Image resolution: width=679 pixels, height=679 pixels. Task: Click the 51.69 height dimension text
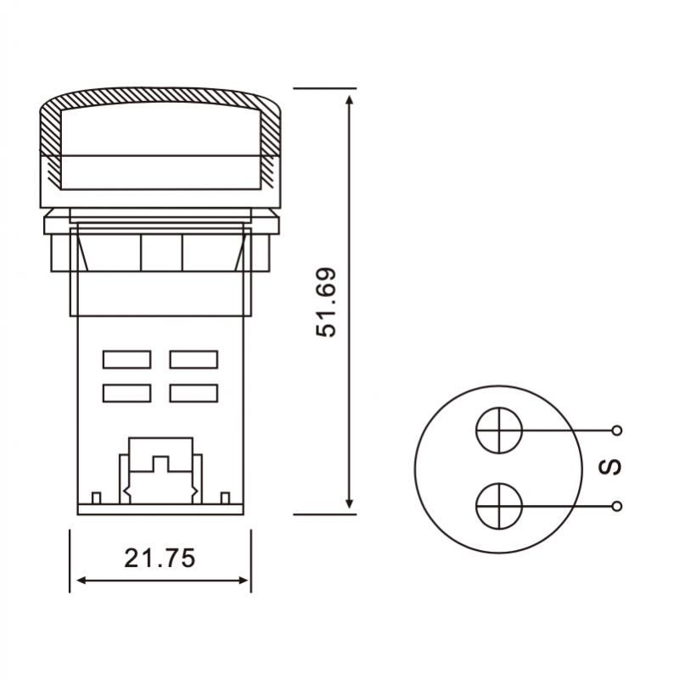pos(326,302)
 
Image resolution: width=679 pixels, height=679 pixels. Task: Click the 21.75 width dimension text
pos(160,558)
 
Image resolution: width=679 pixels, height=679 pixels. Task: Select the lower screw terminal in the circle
pos(498,506)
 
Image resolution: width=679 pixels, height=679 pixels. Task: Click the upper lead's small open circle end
pos(617,430)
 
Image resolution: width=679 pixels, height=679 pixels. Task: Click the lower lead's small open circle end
pos(617,506)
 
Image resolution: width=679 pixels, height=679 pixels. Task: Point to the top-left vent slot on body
pos(126,360)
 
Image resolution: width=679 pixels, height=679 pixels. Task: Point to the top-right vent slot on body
pos(194,360)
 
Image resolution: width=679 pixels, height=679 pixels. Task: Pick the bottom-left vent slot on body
pos(126,393)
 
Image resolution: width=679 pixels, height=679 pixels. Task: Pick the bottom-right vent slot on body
pos(194,393)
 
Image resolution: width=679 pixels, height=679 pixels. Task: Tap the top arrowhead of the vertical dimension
pos(350,99)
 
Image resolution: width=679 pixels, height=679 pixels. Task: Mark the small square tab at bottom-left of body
pos(96,497)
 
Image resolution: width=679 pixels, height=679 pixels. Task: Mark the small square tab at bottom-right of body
pos(225,497)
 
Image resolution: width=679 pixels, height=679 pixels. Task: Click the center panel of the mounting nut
pos(161,252)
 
